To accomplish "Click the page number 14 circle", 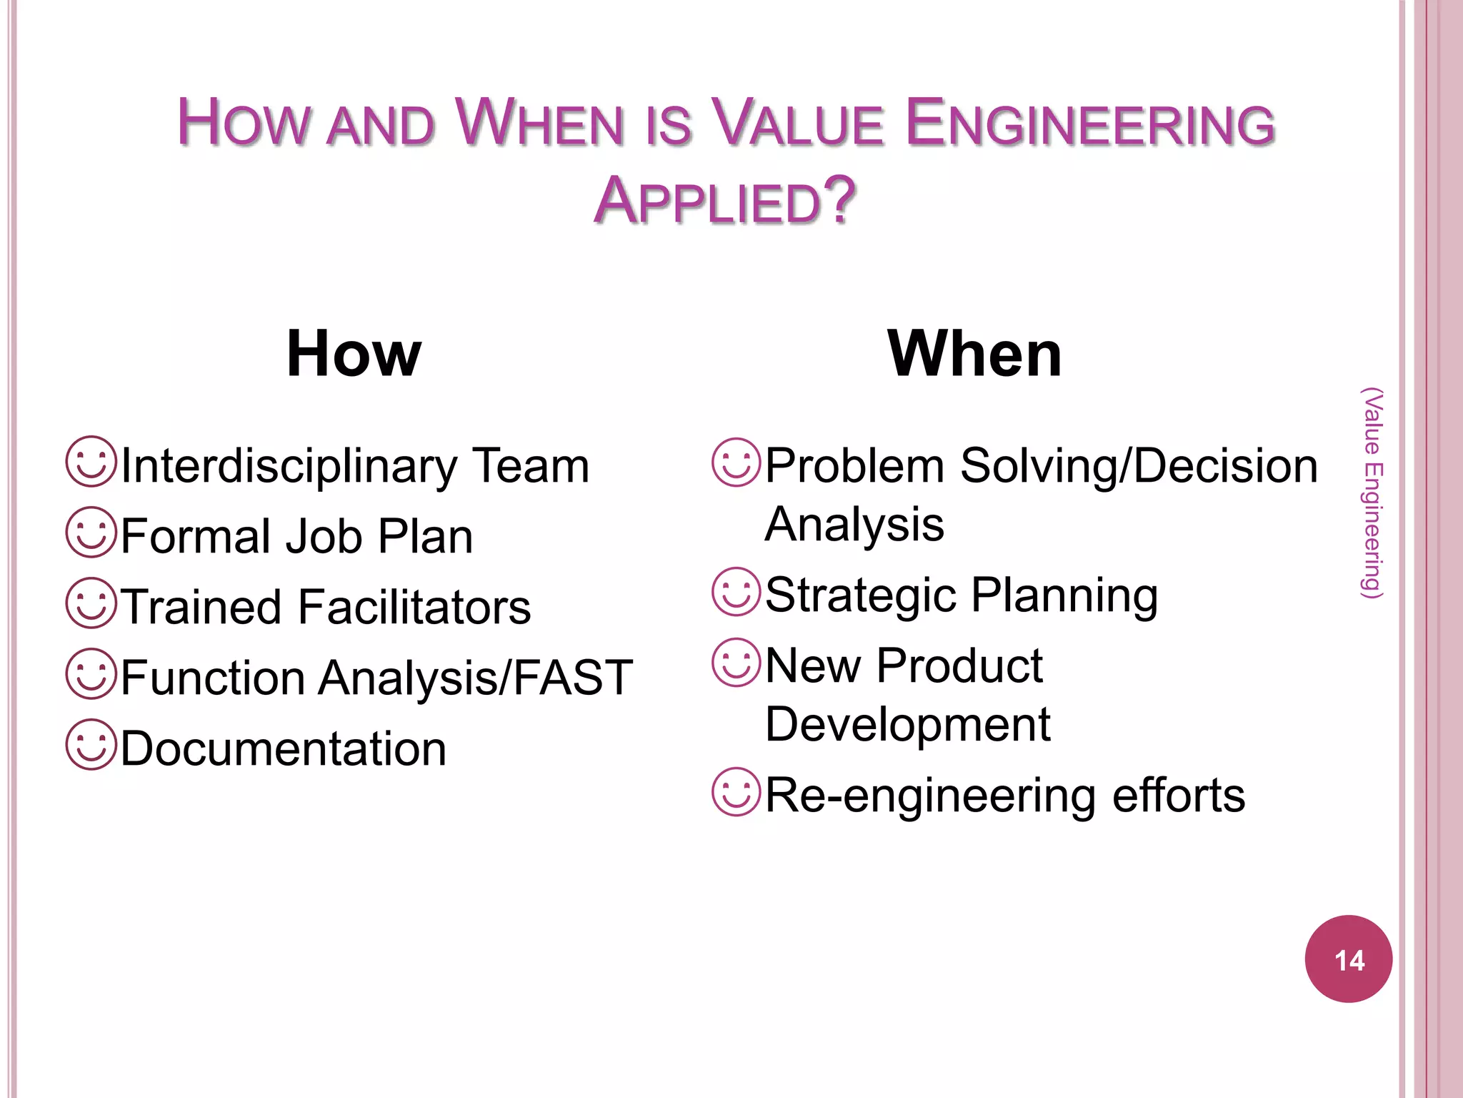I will pyautogui.click(x=1348, y=959).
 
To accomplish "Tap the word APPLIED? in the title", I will pyautogui.click(x=724, y=201).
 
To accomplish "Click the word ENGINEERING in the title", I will pyautogui.click(x=1090, y=124).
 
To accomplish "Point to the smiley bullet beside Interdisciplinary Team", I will pyautogui.click(x=91, y=462).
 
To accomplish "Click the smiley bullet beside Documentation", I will pyautogui.click(x=91, y=745).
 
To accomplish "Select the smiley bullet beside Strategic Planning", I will pyautogui.click(x=736, y=592).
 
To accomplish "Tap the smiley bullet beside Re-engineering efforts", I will pyautogui.click(x=736, y=792).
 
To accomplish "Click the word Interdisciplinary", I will pyautogui.click(x=289, y=466).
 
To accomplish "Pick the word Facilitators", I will pyautogui.click(x=414, y=608).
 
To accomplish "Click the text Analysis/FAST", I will pyautogui.click(x=475, y=678).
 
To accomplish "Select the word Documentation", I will pyautogui.click(x=283, y=749).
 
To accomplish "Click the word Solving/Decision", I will pyautogui.click(x=1139, y=466).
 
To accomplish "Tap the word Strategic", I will pyautogui.click(x=860, y=595).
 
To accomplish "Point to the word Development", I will pyautogui.click(x=907, y=725).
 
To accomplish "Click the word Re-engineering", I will pyautogui.click(x=930, y=796).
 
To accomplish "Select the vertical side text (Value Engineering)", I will pyautogui.click(x=1372, y=493).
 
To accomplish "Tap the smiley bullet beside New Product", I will pyautogui.click(x=736, y=663).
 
